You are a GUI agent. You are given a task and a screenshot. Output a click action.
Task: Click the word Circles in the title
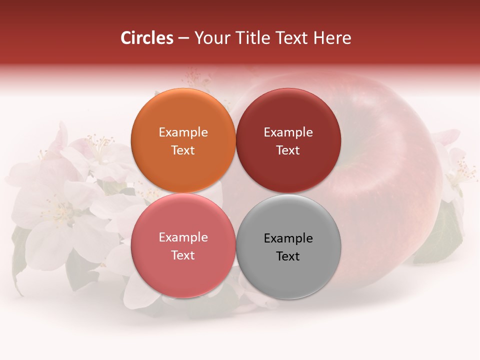[147, 38]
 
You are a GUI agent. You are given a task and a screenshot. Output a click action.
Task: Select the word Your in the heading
[210, 38]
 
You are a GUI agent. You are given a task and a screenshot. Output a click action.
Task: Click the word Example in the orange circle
[183, 132]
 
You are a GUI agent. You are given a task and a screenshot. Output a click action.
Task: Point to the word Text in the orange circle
[183, 150]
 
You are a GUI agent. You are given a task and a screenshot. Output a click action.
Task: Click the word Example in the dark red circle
[288, 132]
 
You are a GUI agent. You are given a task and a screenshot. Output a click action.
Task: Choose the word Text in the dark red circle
[288, 150]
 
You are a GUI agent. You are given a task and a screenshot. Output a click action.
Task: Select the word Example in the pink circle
[183, 237]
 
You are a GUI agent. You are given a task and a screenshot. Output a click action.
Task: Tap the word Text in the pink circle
[183, 255]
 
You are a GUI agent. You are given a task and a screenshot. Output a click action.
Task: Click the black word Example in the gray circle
[288, 238]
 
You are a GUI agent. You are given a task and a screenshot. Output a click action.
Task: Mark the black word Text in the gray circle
[288, 256]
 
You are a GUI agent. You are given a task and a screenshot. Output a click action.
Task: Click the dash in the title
[183, 38]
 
